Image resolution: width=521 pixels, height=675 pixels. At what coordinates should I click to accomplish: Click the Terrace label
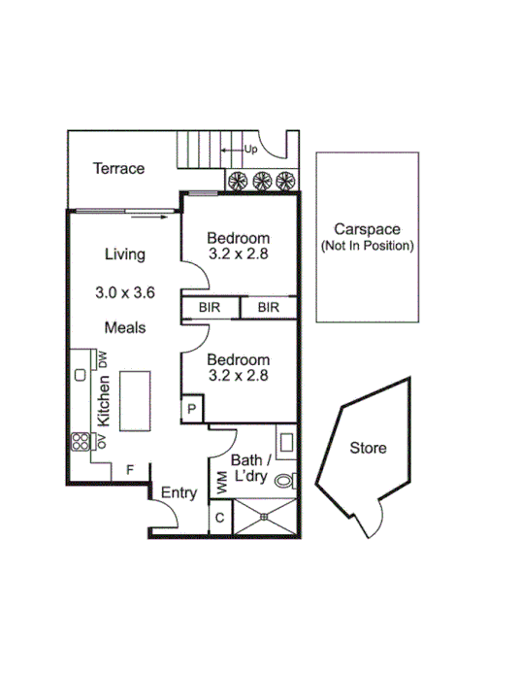pyautogui.click(x=118, y=168)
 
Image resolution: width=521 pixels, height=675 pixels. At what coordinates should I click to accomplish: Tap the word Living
pyautogui.click(x=125, y=254)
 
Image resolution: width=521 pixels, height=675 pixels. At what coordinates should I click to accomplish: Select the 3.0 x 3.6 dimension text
pyautogui.click(x=125, y=291)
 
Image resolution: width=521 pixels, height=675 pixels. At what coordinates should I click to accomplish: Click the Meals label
pyautogui.click(x=125, y=327)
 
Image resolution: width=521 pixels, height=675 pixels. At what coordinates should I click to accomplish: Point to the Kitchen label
pyautogui.click(x=104, y=399)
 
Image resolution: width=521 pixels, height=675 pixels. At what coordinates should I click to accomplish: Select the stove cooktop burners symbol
pyautogui.click(x=79, y=442)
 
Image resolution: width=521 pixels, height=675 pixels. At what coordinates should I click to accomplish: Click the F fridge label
pyautogui.click(x=129, y=469)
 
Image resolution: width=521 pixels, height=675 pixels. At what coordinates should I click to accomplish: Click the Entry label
pyautogui.click(x=179, y=492)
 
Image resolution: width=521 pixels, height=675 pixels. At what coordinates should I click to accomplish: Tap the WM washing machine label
pyautogui.click(x=221, y=480)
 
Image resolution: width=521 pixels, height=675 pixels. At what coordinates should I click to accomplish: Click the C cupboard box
pyautogui.click(x=220, y=517)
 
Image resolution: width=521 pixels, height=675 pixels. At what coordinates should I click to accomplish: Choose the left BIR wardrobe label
pyautogui.click(x=210, y=308)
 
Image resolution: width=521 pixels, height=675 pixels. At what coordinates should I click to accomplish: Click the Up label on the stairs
pyautogui.click(x=250, y=150)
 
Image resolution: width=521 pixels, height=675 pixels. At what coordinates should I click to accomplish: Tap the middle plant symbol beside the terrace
pyautogui.click(x=261, y=181)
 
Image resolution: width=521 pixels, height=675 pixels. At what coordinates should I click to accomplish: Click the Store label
pyautogui.click(x=368, y=448)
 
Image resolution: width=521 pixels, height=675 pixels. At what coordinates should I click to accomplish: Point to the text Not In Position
pyautogui.click(x=368, y=247)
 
